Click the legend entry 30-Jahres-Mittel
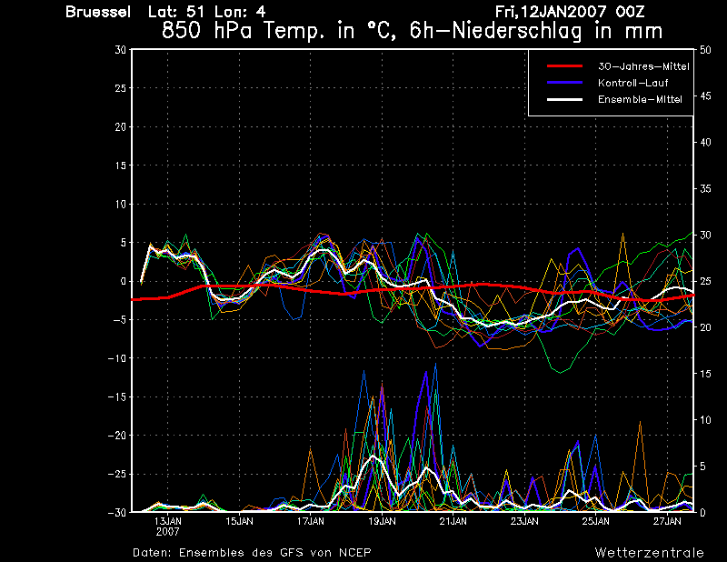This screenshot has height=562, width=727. tap(643, 66)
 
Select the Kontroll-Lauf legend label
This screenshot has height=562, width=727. tap(632, 83)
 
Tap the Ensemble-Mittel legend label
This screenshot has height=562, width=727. tap(640, 99)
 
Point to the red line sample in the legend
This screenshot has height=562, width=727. tap(564, 66)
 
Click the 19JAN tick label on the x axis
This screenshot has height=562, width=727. tap(382, 521)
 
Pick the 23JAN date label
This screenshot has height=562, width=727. tap(524, 521)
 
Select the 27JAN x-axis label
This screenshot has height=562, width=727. tap(667, 521)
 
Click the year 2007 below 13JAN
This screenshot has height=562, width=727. tap(167, 532)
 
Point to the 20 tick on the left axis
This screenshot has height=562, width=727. tap(121, 126)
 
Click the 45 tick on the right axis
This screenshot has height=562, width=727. tap(705, 96)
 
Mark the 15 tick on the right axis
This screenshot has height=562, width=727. tap(705, 374)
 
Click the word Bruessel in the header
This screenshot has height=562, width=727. tap(98, 12)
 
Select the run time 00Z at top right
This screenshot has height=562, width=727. tap(630, 12)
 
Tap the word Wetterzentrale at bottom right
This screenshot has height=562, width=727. tap(650, 553)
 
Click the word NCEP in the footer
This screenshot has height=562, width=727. tap(354, 553)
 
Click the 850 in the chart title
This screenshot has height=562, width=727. tap(182, 31)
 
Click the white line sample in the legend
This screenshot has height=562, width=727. tap(564, 99)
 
